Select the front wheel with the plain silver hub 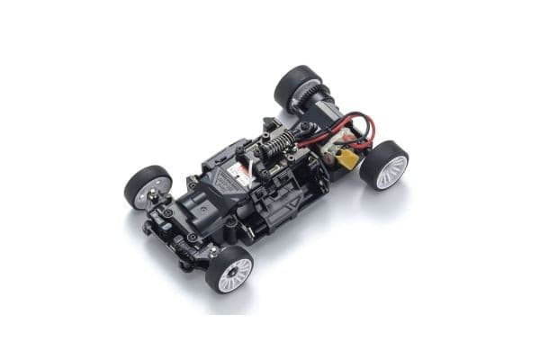tap(148, 186)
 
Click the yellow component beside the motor tap(347, 160)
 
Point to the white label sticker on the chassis tap(239, 174)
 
